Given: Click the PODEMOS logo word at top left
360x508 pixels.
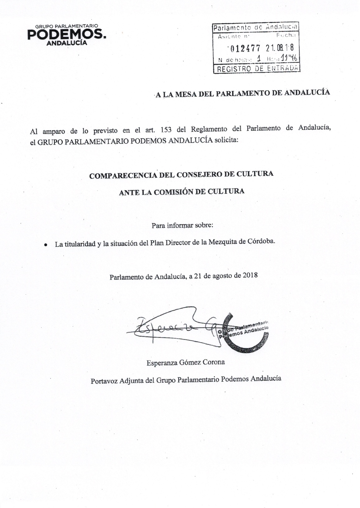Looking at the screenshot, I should (x=66, y=35).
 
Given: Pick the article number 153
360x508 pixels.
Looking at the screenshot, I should (x=168, y=130).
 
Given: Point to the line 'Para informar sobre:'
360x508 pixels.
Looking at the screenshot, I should (x=182, y=225).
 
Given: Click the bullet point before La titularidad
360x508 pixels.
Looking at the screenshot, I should (x=46, y=245).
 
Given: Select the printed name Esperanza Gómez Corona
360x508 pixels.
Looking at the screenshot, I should (x=186, y=362).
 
